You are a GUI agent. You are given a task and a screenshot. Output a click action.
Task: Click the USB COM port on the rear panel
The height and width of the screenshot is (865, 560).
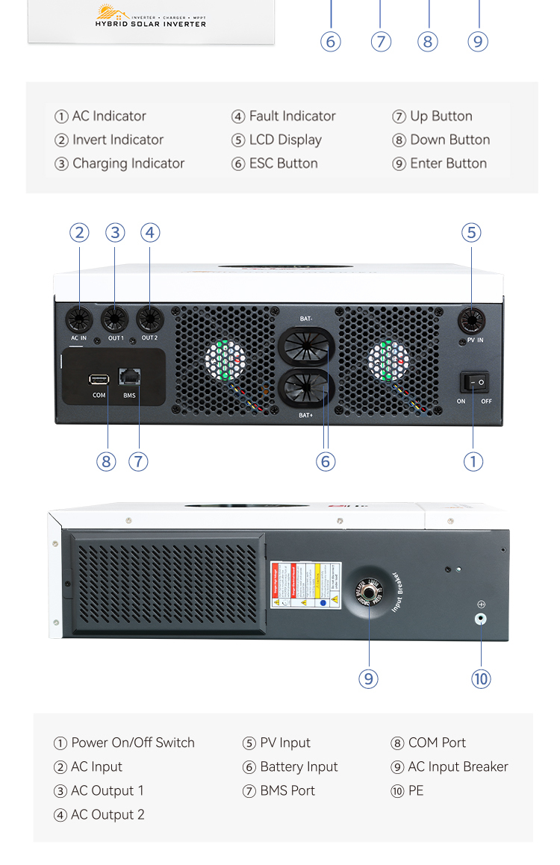pos(99,379)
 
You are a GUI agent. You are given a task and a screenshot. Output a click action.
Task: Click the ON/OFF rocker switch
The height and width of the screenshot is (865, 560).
pos(474,383)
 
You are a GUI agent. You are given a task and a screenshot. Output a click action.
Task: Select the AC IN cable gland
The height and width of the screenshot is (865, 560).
pos(79,320)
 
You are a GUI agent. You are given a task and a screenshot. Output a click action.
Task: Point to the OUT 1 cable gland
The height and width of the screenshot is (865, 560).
pos(115,320)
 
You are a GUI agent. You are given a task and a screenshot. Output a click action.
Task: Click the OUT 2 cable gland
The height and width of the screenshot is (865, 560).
pos(149,320)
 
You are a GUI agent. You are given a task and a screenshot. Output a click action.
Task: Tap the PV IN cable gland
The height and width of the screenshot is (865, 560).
pos(471,322)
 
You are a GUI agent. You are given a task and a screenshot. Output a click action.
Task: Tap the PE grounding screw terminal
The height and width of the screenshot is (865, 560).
pos(481,618)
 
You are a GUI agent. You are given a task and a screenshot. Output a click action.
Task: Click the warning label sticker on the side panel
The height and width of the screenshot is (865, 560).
pos(305,585)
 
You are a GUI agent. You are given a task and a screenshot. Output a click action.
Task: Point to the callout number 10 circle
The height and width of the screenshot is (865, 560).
pos(481,678)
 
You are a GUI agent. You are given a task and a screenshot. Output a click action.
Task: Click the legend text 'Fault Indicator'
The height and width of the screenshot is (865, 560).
pos(292,116)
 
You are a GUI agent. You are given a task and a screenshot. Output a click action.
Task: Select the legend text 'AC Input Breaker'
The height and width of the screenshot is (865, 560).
pos(458,766)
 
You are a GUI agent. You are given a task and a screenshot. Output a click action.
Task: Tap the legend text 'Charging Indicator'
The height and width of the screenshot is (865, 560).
pos(128,163)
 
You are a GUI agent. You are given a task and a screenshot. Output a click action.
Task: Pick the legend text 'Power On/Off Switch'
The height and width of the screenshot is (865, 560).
pos(132,743)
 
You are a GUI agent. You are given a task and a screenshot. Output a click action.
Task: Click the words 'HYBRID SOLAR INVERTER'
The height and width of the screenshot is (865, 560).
pos(150,24)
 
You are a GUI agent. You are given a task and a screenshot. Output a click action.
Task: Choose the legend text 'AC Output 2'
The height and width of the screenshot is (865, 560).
pos(108,814)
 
